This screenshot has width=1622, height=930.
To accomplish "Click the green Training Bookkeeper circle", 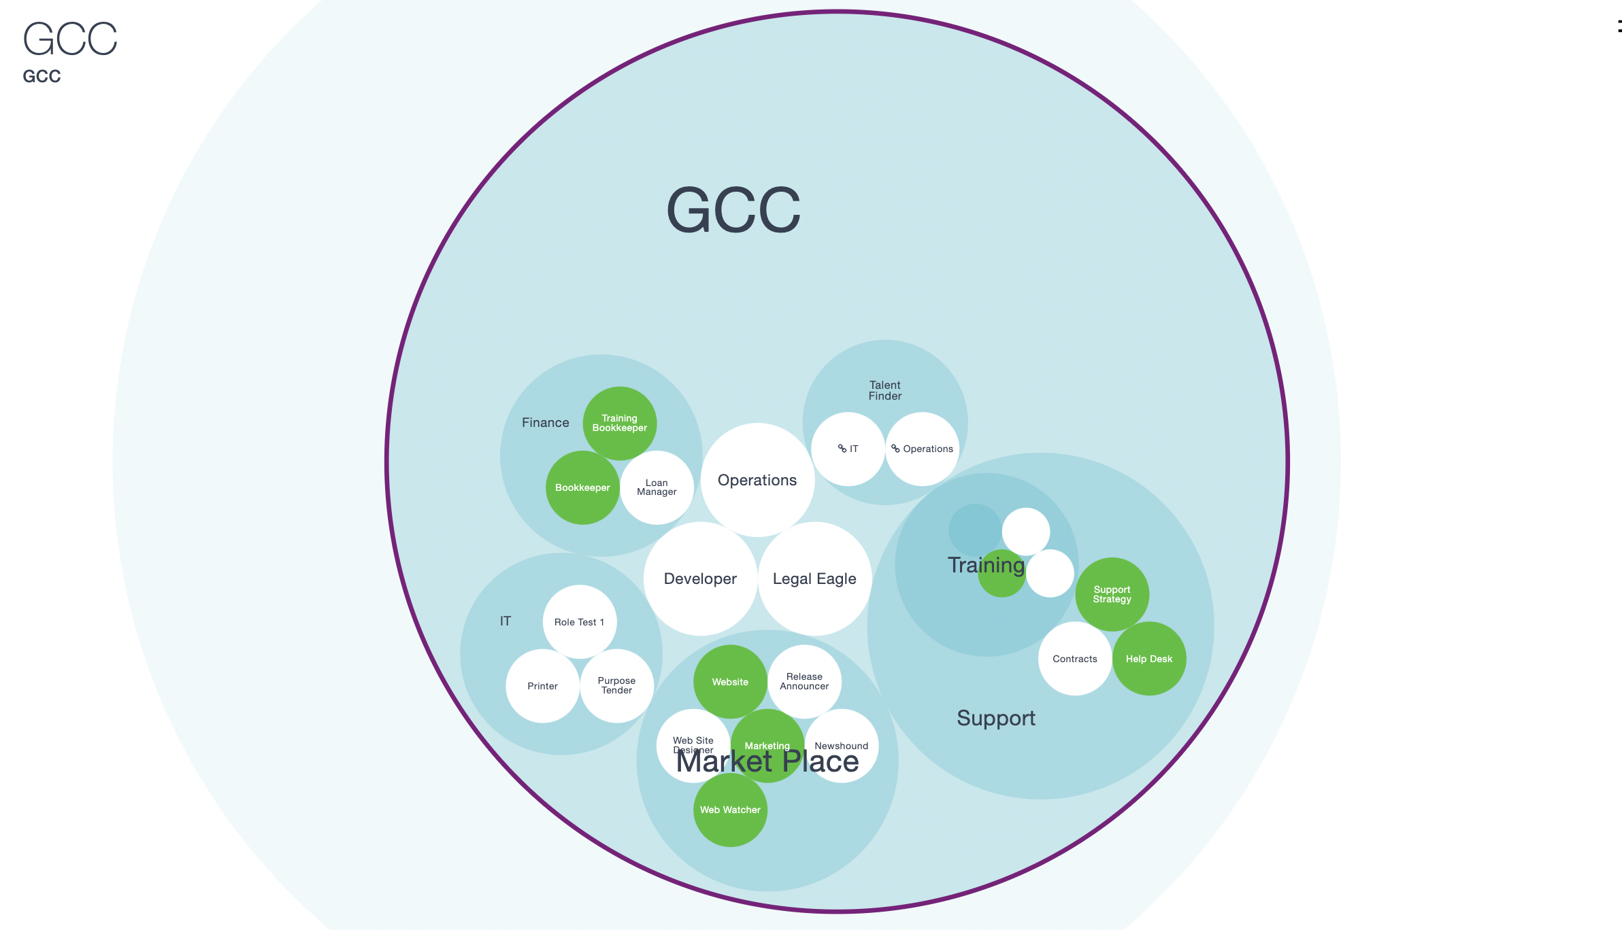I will click(619, 423).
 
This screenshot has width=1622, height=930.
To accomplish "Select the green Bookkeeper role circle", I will click(582, 487).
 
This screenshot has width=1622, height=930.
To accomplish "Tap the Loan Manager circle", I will click(657, 487).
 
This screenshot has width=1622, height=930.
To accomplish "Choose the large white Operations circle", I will click(757, 480).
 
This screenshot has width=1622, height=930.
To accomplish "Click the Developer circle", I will click(700, 579).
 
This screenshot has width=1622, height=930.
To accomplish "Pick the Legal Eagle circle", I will click(814, 579).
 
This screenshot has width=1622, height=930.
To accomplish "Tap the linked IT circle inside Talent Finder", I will click(848, 449).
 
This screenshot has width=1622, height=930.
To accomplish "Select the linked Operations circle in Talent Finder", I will click(923, 449).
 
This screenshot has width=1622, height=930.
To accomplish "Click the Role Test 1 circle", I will click(579, 622).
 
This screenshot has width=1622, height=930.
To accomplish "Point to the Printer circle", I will click(542, 686).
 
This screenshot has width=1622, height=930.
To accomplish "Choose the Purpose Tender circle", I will click(616, 685).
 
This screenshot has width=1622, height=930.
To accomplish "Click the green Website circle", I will click(730, 682).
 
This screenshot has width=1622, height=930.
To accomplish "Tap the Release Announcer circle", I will click(804, 681).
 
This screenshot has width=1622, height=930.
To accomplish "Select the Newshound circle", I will click(842, 746).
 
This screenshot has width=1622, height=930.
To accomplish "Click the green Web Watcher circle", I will click(730, 810).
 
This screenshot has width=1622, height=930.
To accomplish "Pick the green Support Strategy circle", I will click(1112, 594).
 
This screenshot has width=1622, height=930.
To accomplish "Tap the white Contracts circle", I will click(1075, 659).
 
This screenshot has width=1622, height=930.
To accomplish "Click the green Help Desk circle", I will click(1149, 659).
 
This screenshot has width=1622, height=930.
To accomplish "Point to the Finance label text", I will click(545, 423).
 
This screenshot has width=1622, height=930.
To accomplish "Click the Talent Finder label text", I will click(884, 390).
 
